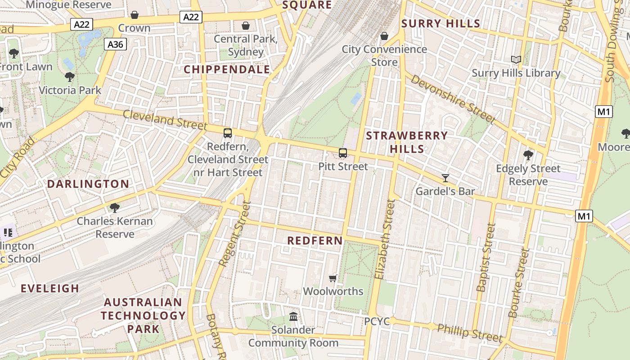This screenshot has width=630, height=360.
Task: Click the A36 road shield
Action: tap(115, 44)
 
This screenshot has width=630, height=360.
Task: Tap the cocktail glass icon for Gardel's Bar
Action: tap(445, 178)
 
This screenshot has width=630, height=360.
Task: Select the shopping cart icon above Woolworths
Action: tap(333, 278)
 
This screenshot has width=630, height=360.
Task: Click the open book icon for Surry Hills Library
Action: tap(516, 59)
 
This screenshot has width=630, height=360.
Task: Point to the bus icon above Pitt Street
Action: tap(343, 153)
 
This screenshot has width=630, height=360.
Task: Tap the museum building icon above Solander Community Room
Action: tap(293, 317)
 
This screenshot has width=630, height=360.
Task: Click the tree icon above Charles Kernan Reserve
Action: tap(115, 207)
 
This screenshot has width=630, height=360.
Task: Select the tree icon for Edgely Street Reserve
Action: tap(528, 155)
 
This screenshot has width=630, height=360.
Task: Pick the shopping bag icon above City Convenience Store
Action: tap(384, 36)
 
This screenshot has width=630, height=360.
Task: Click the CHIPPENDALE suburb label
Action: tap(227, 69)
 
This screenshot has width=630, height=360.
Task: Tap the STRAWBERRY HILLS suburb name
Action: tap(407, 142)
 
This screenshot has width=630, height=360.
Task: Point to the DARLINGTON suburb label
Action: tap(88, 184)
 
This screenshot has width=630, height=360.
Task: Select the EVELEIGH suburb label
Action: tap(50, 288)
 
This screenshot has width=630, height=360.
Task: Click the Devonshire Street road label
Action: tap(453, 99)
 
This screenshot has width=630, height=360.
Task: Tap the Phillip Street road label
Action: tap(470, 332)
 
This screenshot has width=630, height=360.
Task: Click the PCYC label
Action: tap(377, 322)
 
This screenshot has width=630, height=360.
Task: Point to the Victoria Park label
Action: tap(70, 90)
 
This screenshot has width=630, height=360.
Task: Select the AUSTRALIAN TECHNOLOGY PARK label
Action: tap(143, 315)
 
